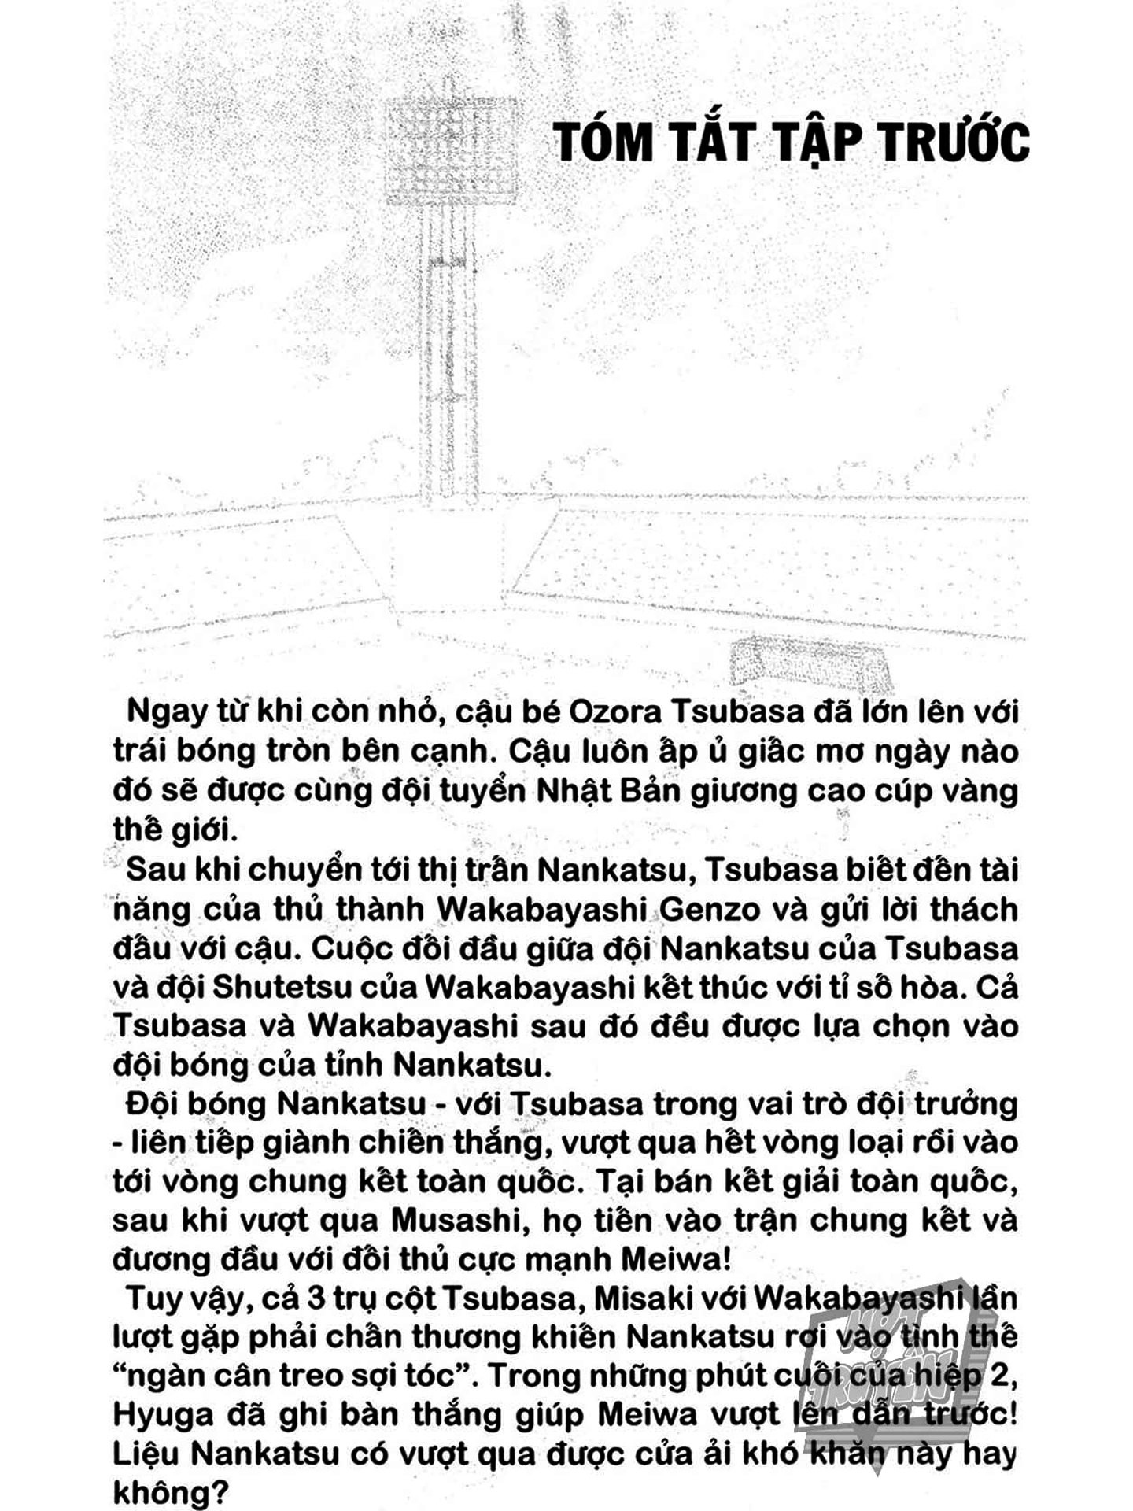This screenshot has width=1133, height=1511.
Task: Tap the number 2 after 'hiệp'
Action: click(1006, 1376)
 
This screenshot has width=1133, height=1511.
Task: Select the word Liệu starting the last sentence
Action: click(147, 1453)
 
